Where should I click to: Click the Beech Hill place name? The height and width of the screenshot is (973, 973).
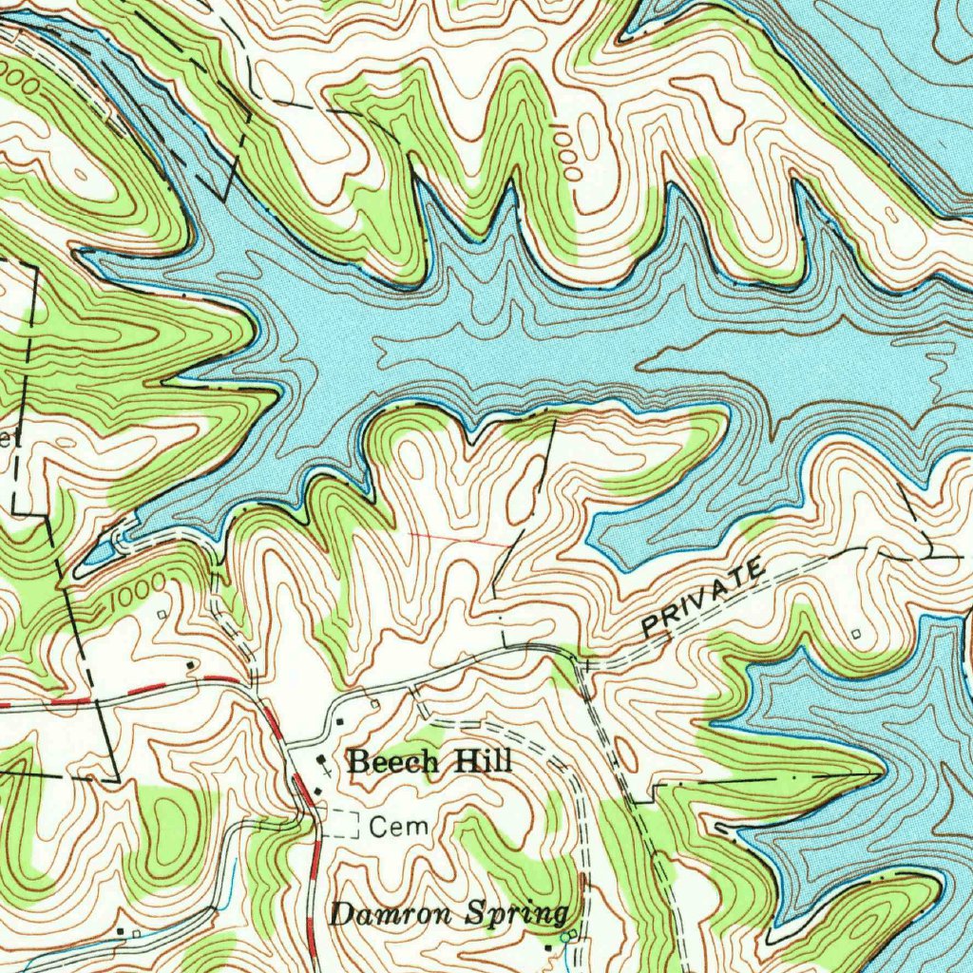429,761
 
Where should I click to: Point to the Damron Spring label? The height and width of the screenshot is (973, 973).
448,915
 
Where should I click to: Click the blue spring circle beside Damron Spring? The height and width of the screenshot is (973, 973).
566,938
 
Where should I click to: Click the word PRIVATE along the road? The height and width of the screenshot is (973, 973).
702,598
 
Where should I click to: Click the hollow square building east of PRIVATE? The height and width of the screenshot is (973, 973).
858,632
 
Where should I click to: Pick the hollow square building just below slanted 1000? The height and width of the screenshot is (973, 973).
162,615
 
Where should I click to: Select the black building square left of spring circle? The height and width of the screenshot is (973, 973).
549,947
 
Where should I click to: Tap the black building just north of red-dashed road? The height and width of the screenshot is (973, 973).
193,664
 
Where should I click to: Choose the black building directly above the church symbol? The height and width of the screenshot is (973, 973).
342,723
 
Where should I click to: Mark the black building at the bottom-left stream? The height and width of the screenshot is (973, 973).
120,932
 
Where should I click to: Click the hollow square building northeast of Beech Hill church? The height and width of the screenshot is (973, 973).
375,704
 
